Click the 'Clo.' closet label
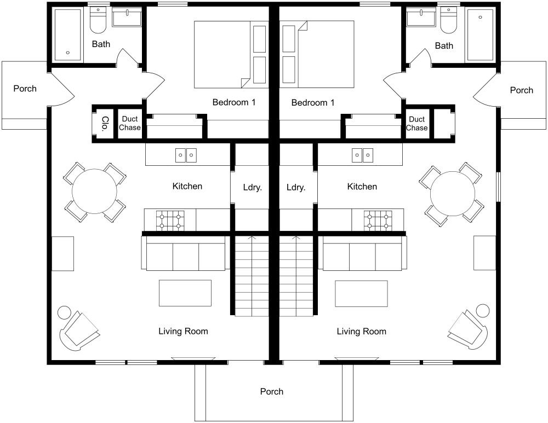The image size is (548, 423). (x=104, y=123)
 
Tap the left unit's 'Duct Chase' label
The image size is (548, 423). (x=130, y=123)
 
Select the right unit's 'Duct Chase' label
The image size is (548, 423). (x=417, y=123)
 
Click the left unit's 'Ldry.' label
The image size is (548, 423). (x=252, y=187)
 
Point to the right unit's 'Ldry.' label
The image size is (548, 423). (x=295, y=187)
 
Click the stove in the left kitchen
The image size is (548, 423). (x=170, y=220)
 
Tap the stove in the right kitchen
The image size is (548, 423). (x=378, y=220)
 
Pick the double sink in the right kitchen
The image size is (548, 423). (x=362, y=155)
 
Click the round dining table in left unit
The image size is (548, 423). (x=95, y=192)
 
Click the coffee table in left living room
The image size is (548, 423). (x=185, y=293)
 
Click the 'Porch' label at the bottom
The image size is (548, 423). (x=272, y=391)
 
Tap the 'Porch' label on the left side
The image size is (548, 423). (x=25, y=88)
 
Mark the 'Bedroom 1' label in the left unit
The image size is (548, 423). (x=234, y=102)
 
